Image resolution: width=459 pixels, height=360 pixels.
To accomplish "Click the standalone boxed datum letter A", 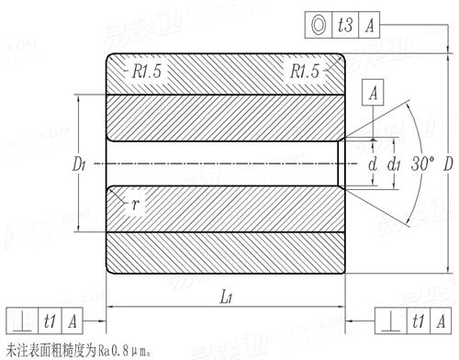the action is tap(373, 92).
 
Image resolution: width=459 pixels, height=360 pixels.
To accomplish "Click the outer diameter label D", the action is tap(447, 165).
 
